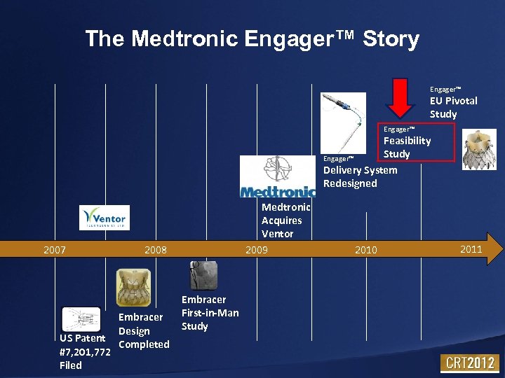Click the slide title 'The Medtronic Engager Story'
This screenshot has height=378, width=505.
252,38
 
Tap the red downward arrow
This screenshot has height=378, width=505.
401,98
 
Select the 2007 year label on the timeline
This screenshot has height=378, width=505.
55,249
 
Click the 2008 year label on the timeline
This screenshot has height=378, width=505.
155,249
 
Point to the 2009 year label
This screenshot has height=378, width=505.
256,249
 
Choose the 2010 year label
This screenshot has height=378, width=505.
365,249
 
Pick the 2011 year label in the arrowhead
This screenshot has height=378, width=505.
471,249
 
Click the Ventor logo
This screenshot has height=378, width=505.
104,218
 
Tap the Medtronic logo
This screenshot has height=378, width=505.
277,176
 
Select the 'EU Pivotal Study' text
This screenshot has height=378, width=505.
453,107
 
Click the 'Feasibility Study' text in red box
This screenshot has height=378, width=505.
407,147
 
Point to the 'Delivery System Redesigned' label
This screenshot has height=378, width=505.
360,176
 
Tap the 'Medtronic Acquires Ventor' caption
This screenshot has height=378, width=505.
285,220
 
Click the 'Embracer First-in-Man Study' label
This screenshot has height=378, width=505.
210,312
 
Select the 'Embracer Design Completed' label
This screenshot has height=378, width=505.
143,330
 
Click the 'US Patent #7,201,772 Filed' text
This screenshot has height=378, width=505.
85,351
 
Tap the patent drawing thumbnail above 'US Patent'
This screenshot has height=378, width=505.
81,318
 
